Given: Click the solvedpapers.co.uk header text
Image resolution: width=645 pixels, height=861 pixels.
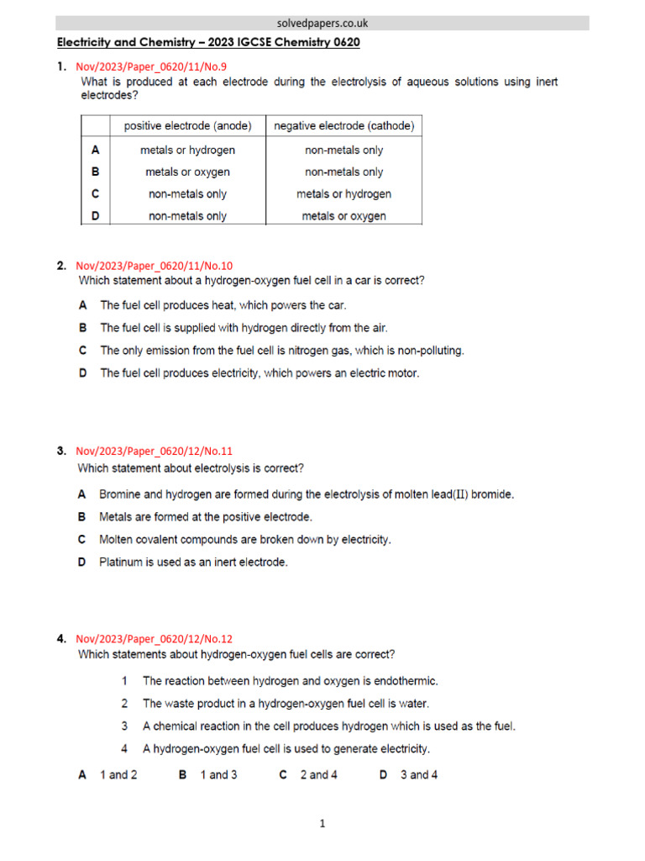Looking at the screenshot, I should [322, 24].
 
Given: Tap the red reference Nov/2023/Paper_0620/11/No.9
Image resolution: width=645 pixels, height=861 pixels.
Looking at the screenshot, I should [151, 66].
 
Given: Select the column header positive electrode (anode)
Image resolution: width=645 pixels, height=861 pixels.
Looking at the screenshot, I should [187, 126].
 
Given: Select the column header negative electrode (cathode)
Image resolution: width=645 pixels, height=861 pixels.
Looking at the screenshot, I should [343, 126].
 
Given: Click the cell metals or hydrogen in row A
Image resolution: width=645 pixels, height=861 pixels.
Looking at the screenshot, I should [187, 150].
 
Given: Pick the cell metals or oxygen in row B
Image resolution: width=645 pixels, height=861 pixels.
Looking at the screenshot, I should [187, 172].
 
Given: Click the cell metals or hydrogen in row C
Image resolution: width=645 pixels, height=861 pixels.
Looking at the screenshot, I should [343, 193].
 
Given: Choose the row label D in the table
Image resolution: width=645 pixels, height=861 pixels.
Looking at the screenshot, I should [95, 215].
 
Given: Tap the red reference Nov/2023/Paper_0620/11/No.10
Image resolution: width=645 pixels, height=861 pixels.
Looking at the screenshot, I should [154, 266].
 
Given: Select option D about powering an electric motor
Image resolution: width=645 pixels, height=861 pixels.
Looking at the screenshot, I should [259, 372].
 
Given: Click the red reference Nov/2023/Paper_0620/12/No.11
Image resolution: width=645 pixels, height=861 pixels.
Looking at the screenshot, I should [154, 451].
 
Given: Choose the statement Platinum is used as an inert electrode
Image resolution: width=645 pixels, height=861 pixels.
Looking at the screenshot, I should [193, 562].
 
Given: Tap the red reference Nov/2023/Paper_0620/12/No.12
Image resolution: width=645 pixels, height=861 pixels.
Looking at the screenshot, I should [154, 639].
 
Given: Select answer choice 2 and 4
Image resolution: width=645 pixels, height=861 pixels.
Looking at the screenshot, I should [318, 774].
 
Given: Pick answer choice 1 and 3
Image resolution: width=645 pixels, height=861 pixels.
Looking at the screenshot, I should [218, 774].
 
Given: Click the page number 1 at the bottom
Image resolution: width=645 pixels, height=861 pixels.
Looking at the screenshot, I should [322, 824].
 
